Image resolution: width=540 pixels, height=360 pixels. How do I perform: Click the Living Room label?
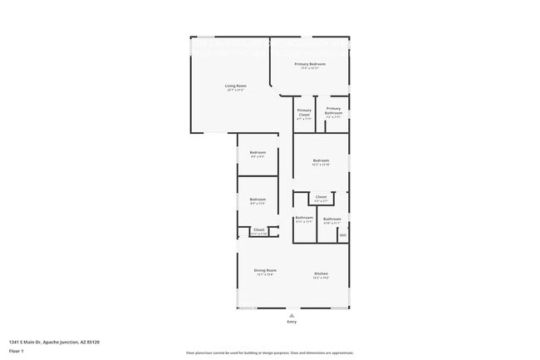pyautogui.click(x=236, y=86)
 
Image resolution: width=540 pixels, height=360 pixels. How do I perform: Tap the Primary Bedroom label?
pyautogui.click(x=310, y=64)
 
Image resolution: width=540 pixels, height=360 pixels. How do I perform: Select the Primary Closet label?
pyautogui.click(x=304, y=112)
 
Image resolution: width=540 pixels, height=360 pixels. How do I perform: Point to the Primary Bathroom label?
pyautogui.click(x=333, y=111)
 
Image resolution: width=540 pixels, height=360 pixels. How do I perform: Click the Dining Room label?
pyautogui.click(x=265, y=270)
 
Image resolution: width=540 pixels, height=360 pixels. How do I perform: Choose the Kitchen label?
pyautogui.click(x=322, y=274)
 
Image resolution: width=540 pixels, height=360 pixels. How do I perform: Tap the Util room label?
pyautogui.click(x=342, y=235)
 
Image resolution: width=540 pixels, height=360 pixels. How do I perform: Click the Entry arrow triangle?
pyautogui.click(x=291, y=315)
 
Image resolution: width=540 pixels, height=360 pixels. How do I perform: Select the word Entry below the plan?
pyautogui.click(x=291, y=322)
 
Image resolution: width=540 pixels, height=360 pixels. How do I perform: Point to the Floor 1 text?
pyautogui.click(x=17, y=352)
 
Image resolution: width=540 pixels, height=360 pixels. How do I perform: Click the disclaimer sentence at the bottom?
pyautogui.click(x=270, y=353)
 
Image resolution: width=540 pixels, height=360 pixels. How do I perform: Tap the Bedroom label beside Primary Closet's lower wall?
pyautogui.click(x=321, y=160)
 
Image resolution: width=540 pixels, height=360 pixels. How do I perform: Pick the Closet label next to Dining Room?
pyautogui.click(x=258, y=229)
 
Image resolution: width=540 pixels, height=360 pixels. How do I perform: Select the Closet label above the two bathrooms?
pyautogui.click(x=321, y=197)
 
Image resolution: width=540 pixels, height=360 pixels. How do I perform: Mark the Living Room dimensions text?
pyautogui.click(x=236, y=91)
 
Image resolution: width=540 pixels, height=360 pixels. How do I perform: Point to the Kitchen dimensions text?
pyautogui.click(x=322, y=279)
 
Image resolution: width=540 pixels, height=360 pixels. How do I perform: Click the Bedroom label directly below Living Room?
pyautogui.click(x=258, y=152)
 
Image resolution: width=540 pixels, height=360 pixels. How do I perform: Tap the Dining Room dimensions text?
pyautogui.click(x=265, y=275)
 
